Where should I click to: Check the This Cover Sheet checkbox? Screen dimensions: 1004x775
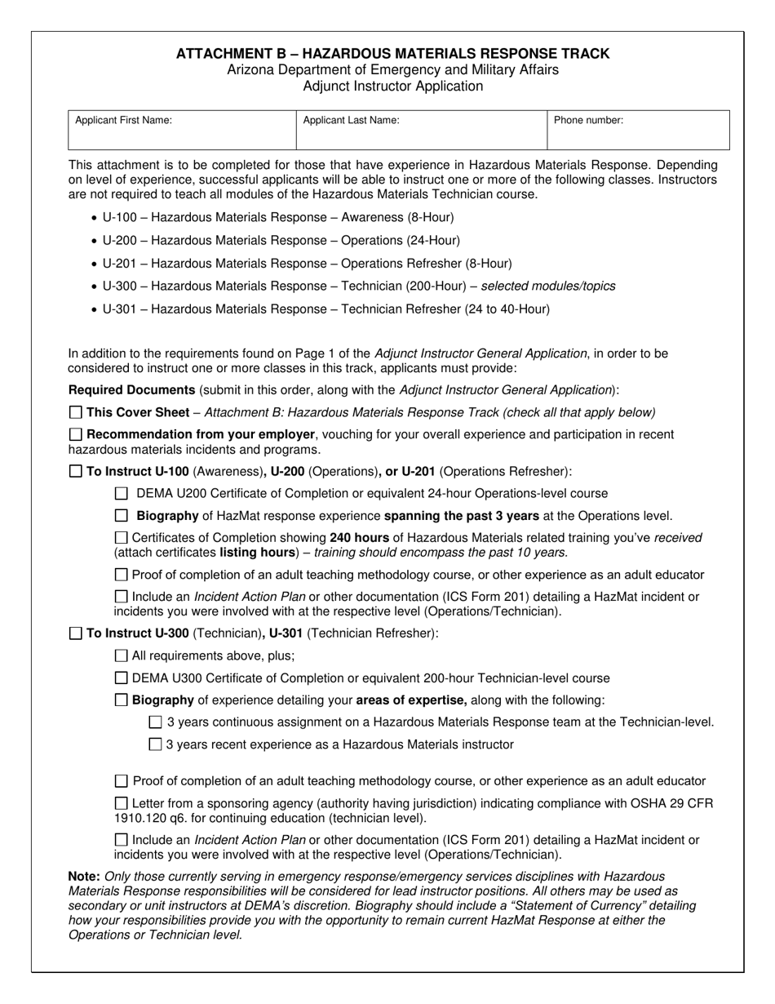[76, 412]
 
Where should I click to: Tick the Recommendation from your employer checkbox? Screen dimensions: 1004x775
[76, 434]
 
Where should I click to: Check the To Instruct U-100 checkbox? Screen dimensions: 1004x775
[76, 471]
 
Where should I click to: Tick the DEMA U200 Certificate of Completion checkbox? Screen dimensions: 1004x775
[122, 493]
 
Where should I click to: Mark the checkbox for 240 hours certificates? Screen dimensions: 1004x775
[122, 538]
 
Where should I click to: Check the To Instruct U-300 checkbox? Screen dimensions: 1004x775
[76, 633]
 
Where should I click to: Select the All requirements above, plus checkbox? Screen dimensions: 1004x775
[122, 655]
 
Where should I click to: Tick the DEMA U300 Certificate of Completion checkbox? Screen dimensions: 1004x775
[122, 677]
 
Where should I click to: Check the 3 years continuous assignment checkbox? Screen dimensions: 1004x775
[156, 722]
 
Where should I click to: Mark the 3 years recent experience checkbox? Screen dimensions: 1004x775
[156, 744]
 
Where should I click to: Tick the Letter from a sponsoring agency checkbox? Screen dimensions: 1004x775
[122, 803]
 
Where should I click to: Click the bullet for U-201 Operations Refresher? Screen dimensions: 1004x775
[95, 264]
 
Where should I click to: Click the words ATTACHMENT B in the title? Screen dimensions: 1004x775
[229, 54]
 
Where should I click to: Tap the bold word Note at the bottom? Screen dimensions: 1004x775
[83, 876]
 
